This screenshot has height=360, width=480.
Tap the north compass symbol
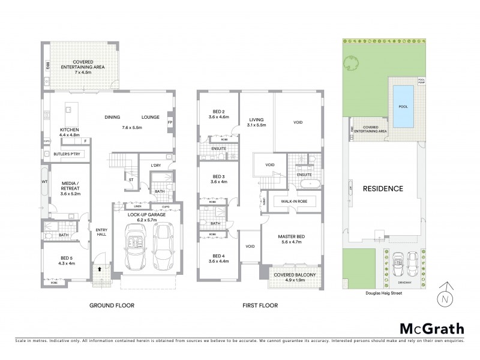(443, 295)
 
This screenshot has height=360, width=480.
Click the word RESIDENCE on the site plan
(383, 188)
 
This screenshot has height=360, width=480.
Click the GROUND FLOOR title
(112, 305)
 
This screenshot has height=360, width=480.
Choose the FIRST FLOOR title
(260, 305)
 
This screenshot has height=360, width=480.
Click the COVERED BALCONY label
(290, 275)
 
